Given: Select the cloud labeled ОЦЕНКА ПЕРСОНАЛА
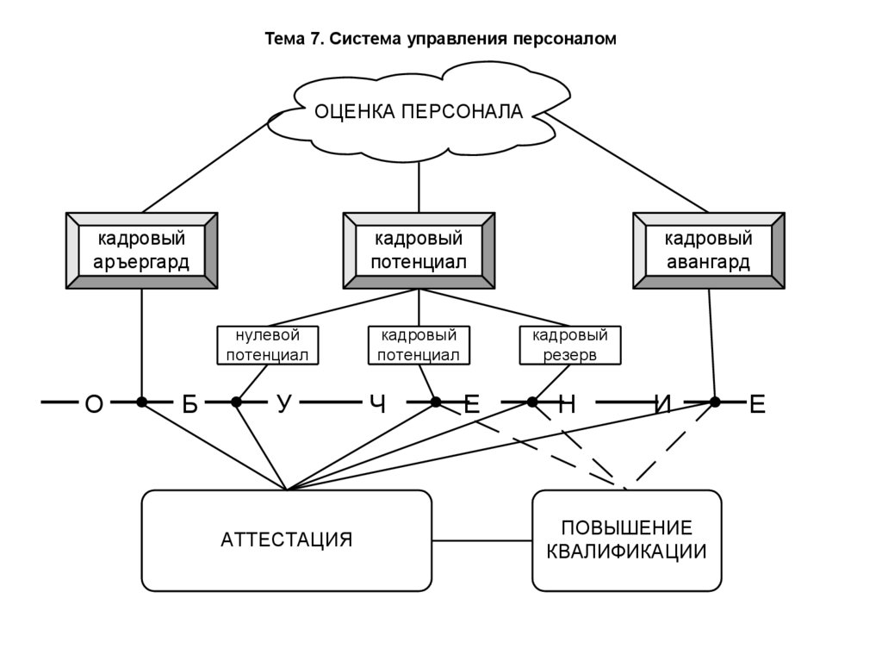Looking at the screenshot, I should [x=419, y=112].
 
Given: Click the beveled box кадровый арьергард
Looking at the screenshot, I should [x=142, y=251].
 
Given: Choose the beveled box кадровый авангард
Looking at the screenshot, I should [x=709, y=251].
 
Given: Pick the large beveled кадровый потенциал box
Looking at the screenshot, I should [x=419, y=251].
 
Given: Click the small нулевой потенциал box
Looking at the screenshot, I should [x=267, y=345].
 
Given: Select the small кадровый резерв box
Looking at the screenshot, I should [x=570, y=345].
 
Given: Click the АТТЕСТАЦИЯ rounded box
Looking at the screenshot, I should [x=287, y=540].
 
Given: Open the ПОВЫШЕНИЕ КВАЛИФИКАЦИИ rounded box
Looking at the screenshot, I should [x=626, y=540].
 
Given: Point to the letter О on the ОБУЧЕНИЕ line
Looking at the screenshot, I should [x=94, y=404].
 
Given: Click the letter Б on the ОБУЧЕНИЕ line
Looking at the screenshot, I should [x=189, y=404].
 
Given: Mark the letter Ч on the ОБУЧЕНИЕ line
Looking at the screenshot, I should [x=377, y=404].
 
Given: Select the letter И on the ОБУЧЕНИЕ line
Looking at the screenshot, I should [x=662, y=404].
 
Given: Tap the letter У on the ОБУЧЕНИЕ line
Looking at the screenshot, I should [x=283, y=403].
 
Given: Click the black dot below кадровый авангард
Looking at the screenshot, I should [x=714, y=402].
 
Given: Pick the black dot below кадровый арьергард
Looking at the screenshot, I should [x=142, y=402].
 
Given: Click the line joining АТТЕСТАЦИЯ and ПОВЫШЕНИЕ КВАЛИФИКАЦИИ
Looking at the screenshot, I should [x=481, y=541].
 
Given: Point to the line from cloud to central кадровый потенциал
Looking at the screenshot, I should [x=419, y=185].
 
